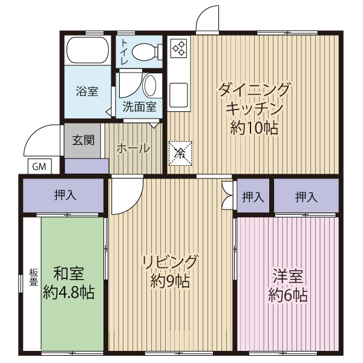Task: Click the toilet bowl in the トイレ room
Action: click(144, 52)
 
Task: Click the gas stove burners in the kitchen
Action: click(179, 48)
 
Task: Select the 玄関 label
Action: click(83, 140)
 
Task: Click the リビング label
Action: click(171, 262)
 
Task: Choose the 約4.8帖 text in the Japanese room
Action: click(68, 293)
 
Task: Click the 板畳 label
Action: click(33, 276)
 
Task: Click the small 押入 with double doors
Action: click(253, 196)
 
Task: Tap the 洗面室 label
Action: click(139, 108)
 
